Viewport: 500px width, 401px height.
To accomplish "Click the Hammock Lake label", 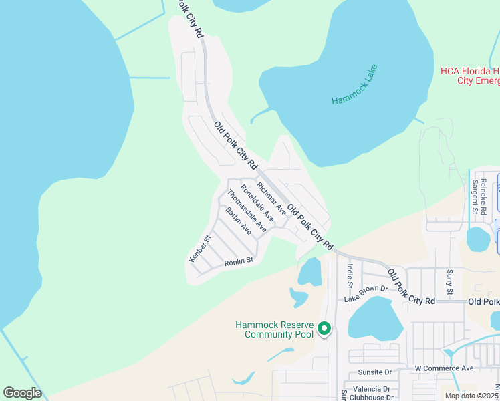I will [355, 84].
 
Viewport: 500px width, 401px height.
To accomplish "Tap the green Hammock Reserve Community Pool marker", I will [324, 328].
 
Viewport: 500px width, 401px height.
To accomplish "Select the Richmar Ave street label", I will [271, 198].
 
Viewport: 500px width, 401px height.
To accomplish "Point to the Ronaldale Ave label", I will [257, 203].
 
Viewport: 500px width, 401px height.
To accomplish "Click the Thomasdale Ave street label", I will [247, 211].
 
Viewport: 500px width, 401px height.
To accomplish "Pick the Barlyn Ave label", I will [238, 221].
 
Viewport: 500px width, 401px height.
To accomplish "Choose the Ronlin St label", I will [239, 261].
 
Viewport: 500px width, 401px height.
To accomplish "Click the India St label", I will [350, 275].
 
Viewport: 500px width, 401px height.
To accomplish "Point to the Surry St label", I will [450, 282].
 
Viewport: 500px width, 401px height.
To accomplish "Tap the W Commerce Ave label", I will [443, 368].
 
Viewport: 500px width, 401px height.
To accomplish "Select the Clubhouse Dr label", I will [372, 396].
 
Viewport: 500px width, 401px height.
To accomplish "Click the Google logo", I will [23, 392].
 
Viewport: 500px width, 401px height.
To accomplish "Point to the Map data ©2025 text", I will [471, 396].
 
